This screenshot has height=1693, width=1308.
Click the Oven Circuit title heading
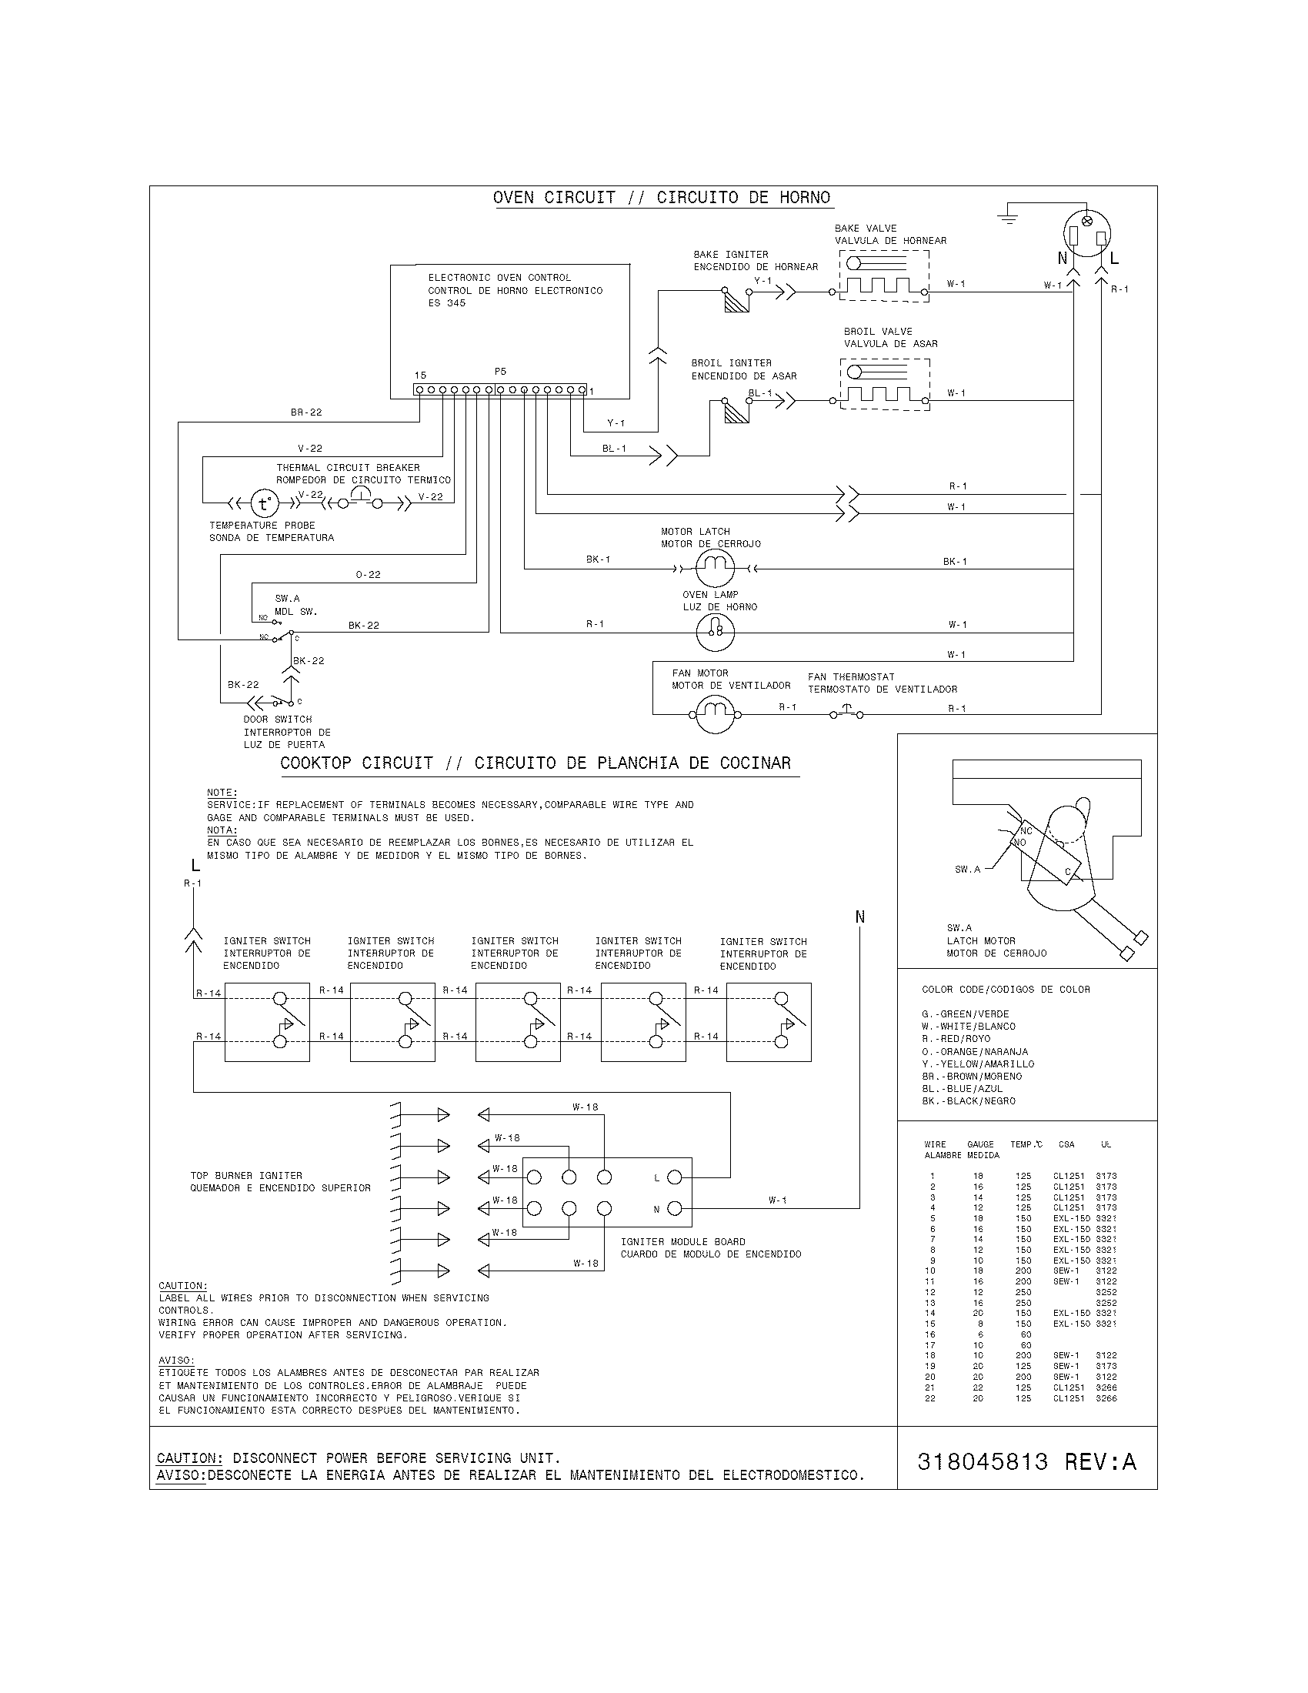pyautogui.click(x=661, y=198)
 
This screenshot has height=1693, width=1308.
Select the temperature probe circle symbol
pyautogui.click(x=263, y=504)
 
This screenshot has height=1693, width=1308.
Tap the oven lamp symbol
pyautogui.click(x=715, y=632)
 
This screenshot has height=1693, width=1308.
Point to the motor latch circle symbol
pyautogui.click(x=715, y=569)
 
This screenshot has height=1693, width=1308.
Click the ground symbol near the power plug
pyautogui.click(x=1008, y=215)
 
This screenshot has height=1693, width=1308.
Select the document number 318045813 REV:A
pyautogui.click(x=1026, y=1462)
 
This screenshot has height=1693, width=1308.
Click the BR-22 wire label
pyautogui.click(x=306, y=412)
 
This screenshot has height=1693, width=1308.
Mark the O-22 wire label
pyautogui.click(x=368, y=574)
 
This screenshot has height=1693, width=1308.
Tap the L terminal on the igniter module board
pyautogui.click(x=674, y=1177)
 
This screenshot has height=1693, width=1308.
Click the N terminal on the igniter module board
pyautogui.click(x=674, y=1208)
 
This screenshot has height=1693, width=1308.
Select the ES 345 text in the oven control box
pyautogui.click(x=446, y=303)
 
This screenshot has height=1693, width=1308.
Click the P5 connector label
pyautogui.click(x=501, y=372)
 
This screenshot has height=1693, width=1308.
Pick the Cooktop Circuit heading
pyautogui.click(x=536, y=763)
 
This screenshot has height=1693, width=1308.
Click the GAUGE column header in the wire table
pyautogui.click(x=980, y=1144)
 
